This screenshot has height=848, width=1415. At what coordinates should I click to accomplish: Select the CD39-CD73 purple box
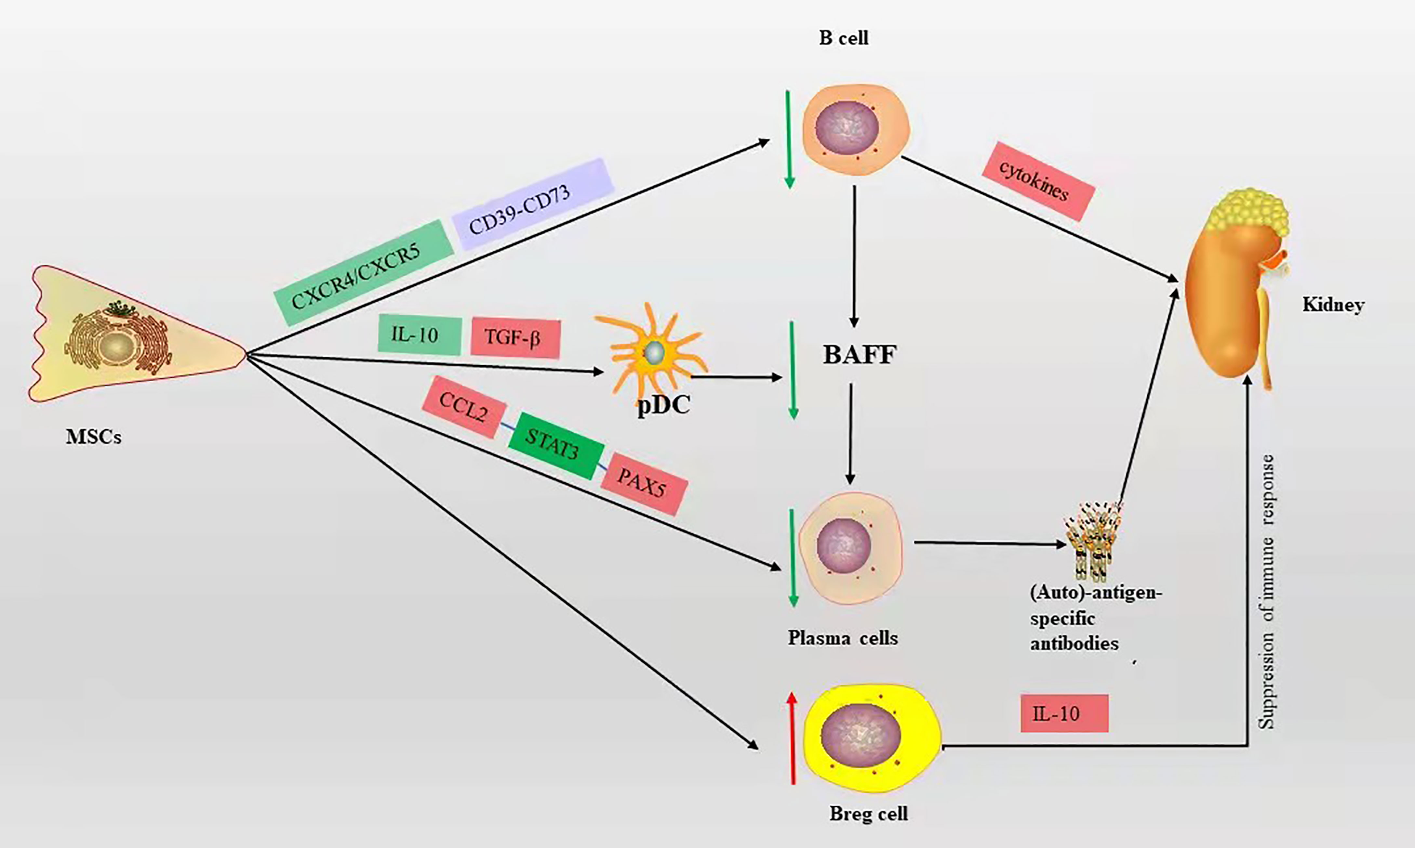pyautogui.click(x=532, y=204)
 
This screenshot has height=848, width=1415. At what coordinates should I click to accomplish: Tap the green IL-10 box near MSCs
pyautogui.click(x=419, y=335)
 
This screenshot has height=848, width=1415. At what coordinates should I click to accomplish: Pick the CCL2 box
pyautogui.click(x=464, y=407)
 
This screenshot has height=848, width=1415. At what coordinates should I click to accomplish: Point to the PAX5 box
pyautogui.click(x=644, y=483)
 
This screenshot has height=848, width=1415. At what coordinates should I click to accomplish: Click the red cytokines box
pyautogui.click(x=1038, y=181)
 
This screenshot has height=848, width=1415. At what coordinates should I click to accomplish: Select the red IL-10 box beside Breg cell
pyautogui.click(x=1064, y=713)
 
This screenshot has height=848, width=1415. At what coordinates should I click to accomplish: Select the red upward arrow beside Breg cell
pyautogui.click(x=792, y=737)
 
